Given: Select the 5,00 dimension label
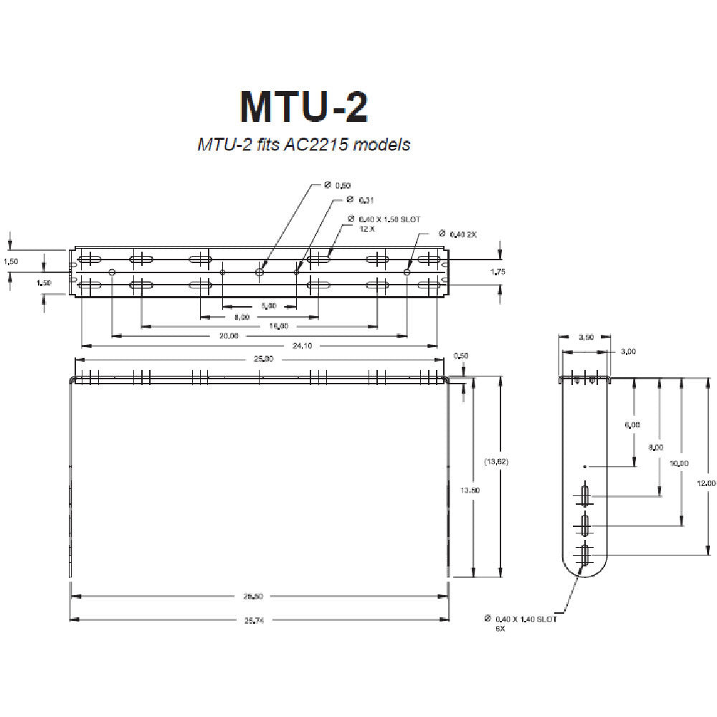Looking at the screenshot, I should tap(269, 306).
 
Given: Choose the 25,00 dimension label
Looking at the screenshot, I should tap(263, 359).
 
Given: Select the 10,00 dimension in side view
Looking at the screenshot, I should tap(680, 462).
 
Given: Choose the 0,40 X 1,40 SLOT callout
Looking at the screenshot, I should tap(526, 619).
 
